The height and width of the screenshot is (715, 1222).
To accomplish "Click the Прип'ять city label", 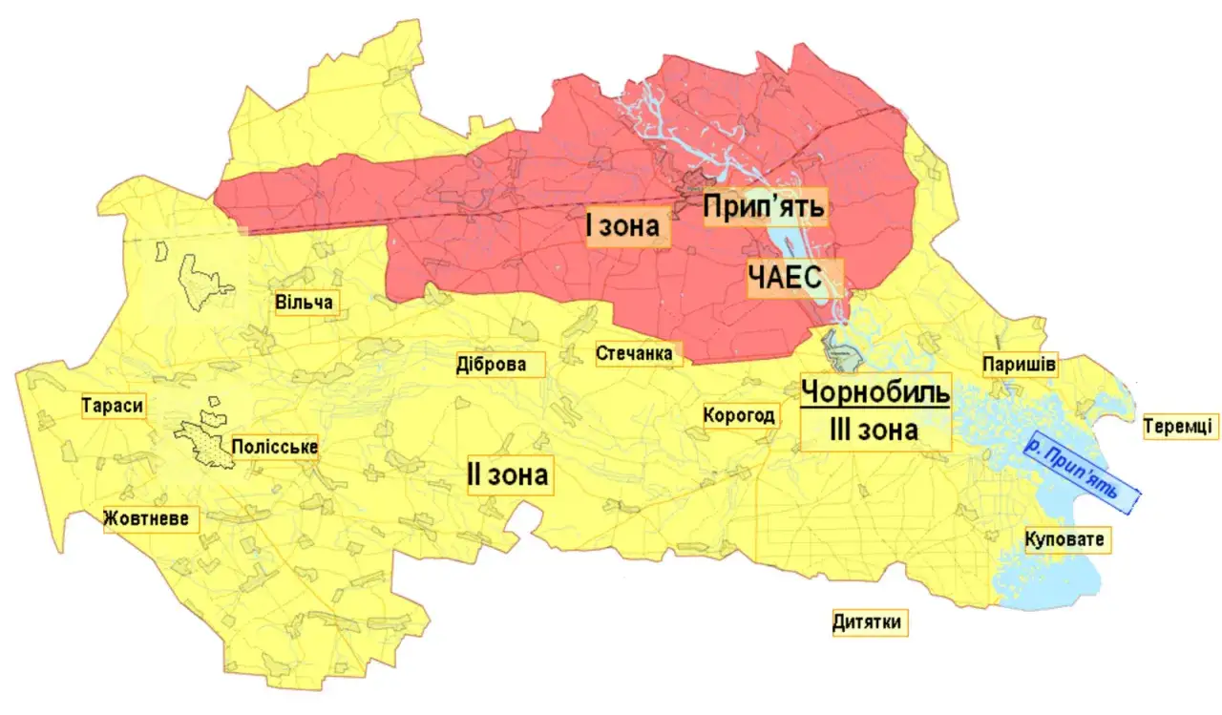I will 763,206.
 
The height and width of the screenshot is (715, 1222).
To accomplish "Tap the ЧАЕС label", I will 795,279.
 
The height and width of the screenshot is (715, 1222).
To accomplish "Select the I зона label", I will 623,227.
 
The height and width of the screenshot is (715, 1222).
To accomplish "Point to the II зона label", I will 507,473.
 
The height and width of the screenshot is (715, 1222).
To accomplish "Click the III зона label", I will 874,430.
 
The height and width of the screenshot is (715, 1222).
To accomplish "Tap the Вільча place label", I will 304,304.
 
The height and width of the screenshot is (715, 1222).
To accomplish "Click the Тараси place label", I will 113,406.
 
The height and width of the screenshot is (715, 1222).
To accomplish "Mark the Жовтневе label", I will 153,519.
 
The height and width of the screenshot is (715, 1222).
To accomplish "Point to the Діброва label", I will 491,365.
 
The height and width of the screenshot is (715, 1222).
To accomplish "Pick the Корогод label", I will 739,416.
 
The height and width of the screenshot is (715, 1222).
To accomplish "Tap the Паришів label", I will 1020,365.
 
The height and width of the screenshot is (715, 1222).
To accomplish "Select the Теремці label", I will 1180,426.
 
